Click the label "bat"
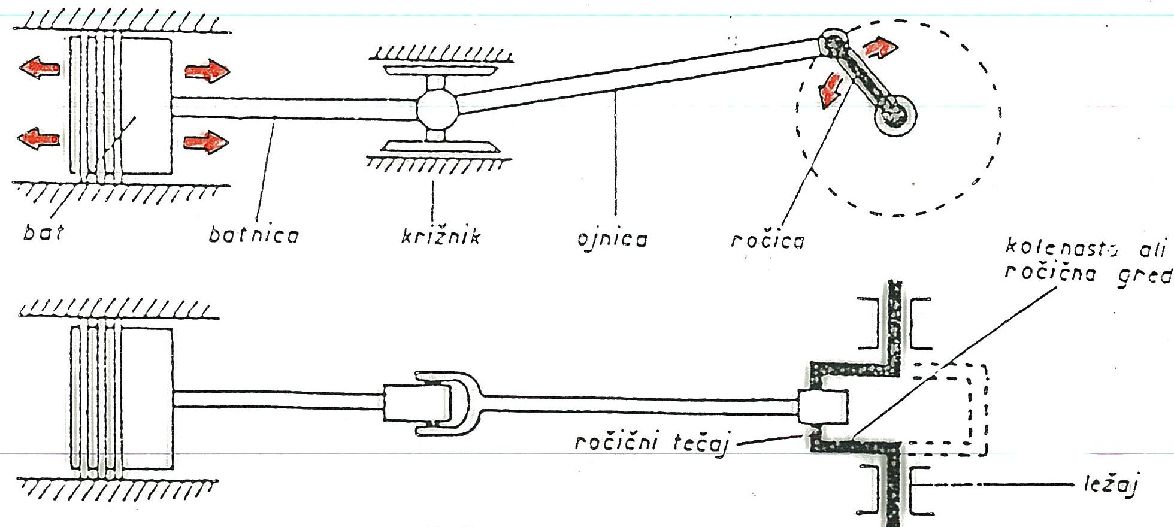(43, 232)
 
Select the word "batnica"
(253, 235)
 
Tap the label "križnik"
(441, 236)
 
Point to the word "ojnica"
(612, 239)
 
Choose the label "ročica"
(768, 240)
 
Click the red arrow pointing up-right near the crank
(880, 47)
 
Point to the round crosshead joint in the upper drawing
(437, 107)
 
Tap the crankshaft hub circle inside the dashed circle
(895, 115)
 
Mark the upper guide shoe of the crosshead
(440, 71)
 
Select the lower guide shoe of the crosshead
(441, 146)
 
